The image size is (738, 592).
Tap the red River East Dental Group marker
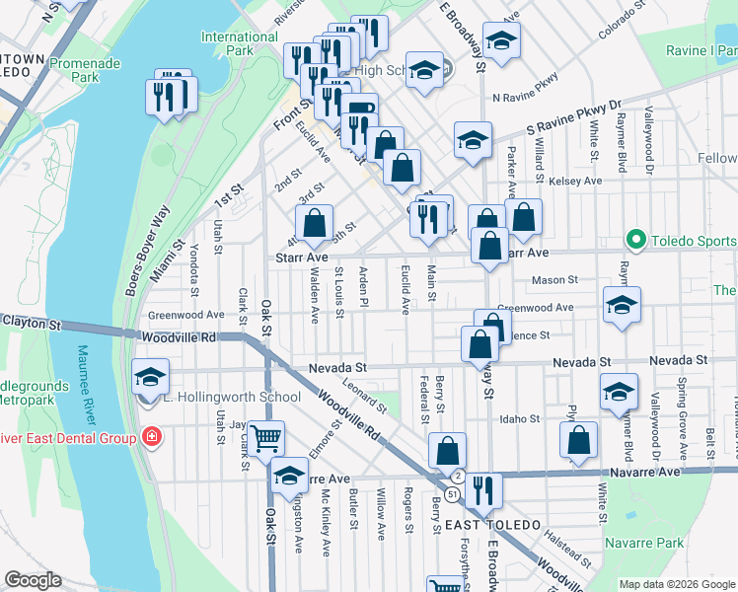(151, 436)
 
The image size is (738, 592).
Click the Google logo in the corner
(33, 579)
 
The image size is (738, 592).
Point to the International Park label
(240, 43)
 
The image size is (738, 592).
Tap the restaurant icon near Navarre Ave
(481, 489)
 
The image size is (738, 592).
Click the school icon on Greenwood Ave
(621, 304)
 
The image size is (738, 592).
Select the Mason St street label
(554, 280)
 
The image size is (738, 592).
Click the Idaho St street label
(520, 418)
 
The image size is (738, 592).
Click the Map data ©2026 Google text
(677, 584)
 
